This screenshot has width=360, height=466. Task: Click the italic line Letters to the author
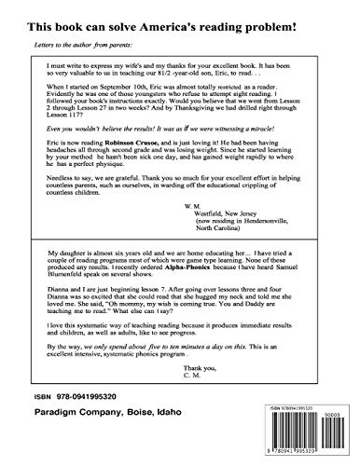click(84, 43)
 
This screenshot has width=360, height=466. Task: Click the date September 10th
click(134, 110)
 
